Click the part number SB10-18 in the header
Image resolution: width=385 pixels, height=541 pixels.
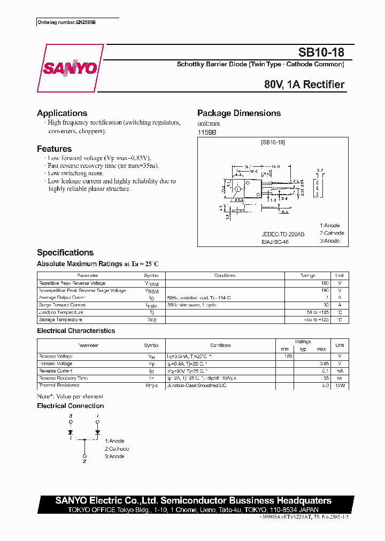pyautogui.click(x=321, y=52)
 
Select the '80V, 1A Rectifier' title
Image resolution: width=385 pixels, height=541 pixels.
pyautogui.click(x=304, y=84)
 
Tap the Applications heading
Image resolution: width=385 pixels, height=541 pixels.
pyautogui.click(x=62, y=113)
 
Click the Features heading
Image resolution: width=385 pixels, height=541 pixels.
pyautogui.click(x=54, y=149)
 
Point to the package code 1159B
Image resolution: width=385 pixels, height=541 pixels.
pyautogui.click(x=207, y=132)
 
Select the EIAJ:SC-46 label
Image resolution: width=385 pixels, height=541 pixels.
pyautogui.click(x=275, y=242)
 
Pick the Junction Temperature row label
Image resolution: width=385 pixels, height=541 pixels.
pyautogui.click(x=61, y=312)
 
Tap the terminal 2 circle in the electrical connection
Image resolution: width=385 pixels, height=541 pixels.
pyautogui.click(x=84, y=453)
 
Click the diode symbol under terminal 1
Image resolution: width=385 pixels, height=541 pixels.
pyautogui.click(x=97, y=431)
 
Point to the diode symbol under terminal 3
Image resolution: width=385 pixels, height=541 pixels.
pyautogui.click(x=70, y=431)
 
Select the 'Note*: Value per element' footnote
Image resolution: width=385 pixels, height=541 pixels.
pyautogui.click(x=70, y=396)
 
